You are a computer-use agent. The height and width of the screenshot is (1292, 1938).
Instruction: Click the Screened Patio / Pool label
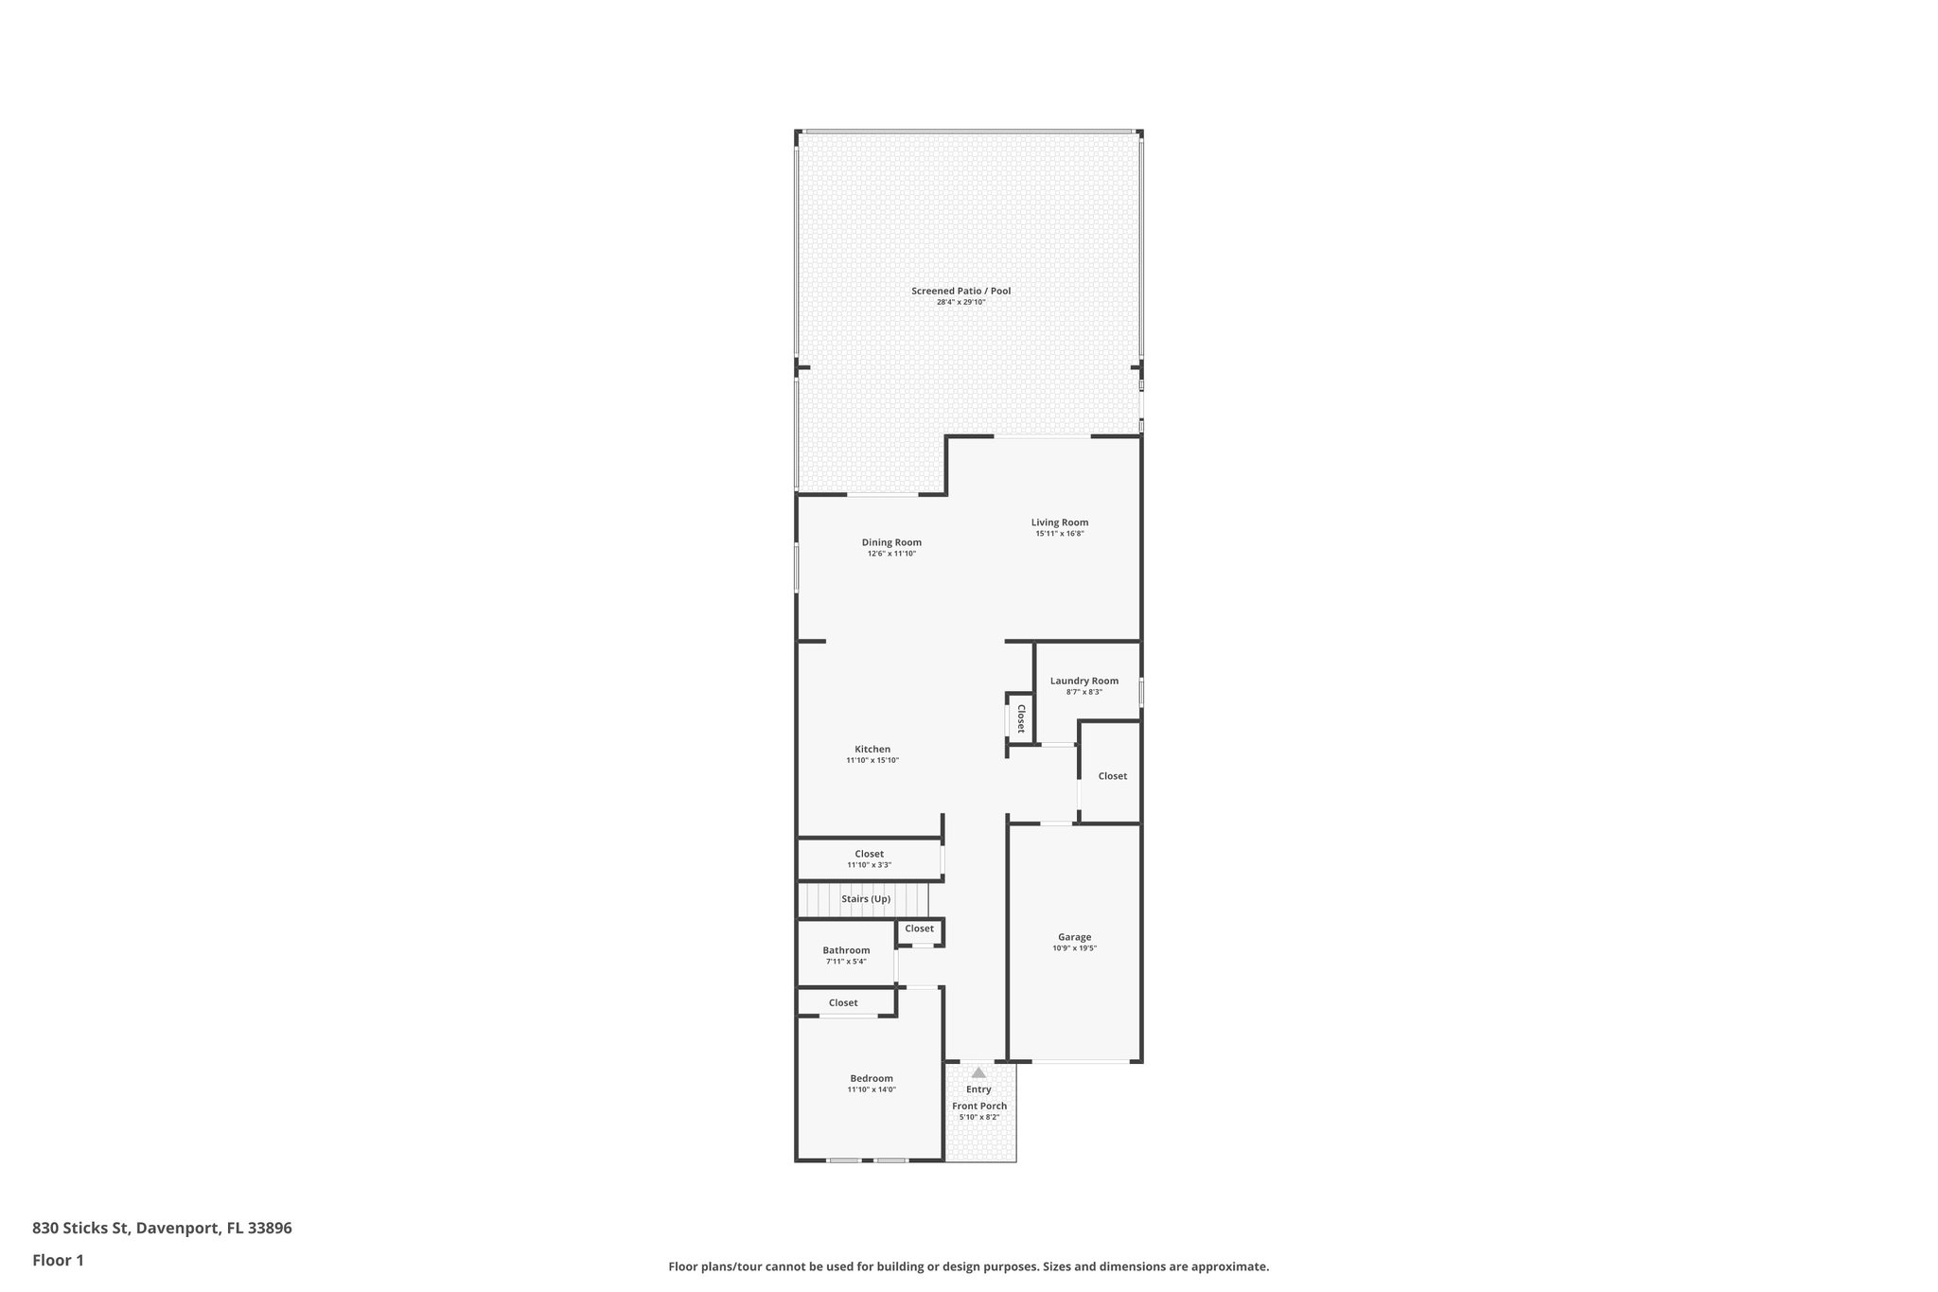point(960,291)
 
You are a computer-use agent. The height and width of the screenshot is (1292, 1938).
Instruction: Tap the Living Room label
point(1059,522)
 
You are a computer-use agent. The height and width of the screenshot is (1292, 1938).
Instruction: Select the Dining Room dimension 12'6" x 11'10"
point(891,554)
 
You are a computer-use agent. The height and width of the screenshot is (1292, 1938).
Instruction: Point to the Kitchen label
point(872,750)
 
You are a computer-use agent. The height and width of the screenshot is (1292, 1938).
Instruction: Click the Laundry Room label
point(1084,681)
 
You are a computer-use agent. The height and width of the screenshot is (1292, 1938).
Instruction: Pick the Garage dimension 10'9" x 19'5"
point(1074,948)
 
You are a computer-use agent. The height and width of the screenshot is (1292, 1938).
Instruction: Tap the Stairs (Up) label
point(865,899)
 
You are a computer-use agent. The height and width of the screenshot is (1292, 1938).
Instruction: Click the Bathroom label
point(845,950)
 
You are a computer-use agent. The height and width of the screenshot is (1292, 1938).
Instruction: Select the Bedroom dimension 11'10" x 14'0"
point(871,1089)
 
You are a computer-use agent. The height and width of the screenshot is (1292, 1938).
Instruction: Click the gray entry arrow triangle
point(978,1072)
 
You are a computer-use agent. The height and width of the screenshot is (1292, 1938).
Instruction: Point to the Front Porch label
point(979,1106)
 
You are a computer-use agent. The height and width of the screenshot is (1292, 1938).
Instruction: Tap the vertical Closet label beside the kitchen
point(1021,718)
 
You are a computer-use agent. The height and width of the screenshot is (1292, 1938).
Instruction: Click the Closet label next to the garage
point(1112,776)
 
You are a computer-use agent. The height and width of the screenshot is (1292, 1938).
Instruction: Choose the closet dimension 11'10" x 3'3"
point(869,865)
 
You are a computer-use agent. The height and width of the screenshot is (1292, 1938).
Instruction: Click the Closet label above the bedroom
point(843,1002)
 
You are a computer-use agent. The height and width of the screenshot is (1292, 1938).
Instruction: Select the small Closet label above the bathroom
point(919,929)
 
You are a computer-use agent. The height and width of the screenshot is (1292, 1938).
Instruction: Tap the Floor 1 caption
point(58,1260)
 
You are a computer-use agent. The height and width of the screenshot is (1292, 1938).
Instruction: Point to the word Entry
point(978,1089)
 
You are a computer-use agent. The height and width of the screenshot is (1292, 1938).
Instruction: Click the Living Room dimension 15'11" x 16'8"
point(1059,534)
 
